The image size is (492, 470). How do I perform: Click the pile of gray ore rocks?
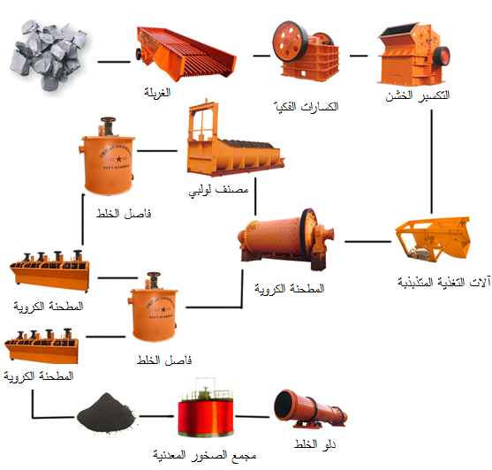[x=48, y=56]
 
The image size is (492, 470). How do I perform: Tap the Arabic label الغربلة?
[x=157, y=92]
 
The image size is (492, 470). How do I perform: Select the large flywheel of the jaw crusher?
[x=290, y=42]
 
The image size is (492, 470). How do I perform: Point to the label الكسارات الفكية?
[x=306, y=107]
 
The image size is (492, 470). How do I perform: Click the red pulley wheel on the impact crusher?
[x=442, y=57]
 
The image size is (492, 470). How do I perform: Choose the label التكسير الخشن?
[x=417, y=95]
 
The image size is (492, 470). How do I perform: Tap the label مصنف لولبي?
[x=218, y=190]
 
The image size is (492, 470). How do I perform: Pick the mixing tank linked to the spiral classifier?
[x=108, y=157]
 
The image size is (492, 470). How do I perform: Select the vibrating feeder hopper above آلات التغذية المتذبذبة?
[x=434, y=239]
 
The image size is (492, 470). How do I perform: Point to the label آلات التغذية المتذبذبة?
[x=443, y=283]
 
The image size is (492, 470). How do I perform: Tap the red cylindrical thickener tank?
[x=206, y=408]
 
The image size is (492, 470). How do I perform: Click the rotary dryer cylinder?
[x=310, y=409]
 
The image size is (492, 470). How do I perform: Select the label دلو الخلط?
[x=314, y=444]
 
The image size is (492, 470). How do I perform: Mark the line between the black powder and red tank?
[x=156, y=416]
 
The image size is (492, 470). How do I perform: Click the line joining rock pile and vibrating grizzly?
[x=114, y=62]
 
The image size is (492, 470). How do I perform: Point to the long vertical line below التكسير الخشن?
[x=432, y=162]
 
